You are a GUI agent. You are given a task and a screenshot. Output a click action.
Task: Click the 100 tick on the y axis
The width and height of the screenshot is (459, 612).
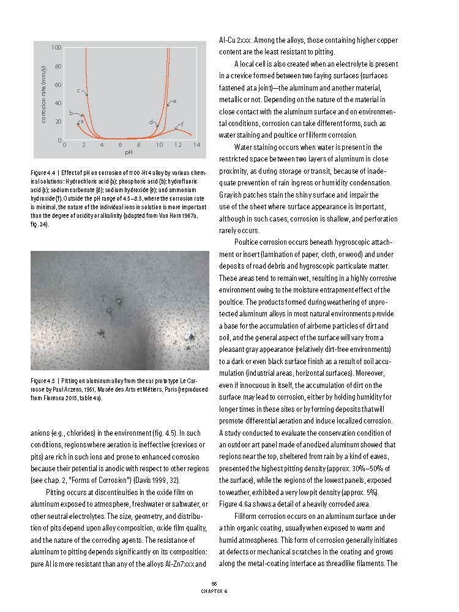56,47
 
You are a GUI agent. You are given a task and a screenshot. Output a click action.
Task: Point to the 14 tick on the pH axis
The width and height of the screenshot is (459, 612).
196,145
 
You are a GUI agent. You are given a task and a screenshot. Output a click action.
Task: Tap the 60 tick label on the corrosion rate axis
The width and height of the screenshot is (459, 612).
58,84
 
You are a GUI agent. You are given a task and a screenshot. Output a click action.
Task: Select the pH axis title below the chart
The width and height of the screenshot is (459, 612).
129,152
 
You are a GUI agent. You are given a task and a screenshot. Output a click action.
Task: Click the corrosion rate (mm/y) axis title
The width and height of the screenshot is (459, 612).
44,94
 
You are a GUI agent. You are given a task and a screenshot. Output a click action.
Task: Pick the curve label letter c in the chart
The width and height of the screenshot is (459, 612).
78,91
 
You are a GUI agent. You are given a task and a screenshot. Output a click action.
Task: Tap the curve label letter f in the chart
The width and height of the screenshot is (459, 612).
182,125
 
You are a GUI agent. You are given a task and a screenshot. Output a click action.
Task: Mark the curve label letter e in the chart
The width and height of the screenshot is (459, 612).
174,101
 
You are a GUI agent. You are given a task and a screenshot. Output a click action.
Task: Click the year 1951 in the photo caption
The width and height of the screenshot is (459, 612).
90,390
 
